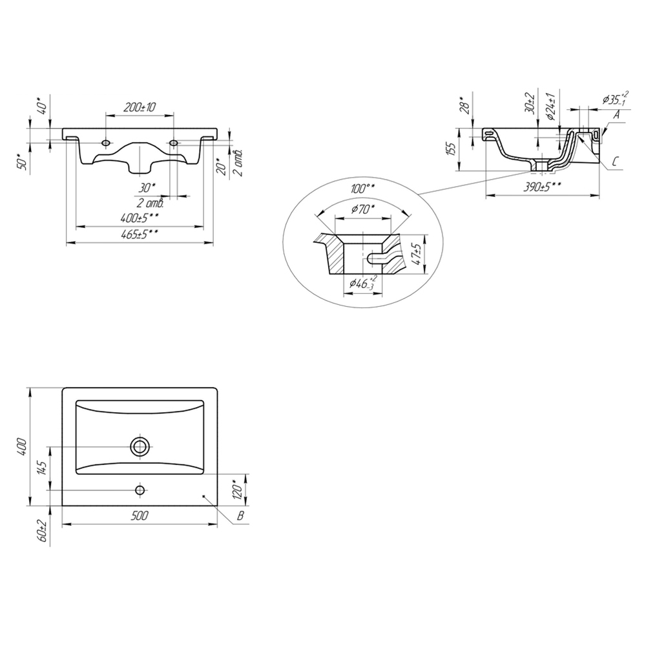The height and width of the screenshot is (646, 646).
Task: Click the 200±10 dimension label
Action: tap(140, 107)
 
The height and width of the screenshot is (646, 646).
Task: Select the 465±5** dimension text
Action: tap(140, 234)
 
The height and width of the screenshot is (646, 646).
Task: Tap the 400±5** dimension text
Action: tap(140, 217)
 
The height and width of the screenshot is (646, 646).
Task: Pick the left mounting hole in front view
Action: tap(106, 143)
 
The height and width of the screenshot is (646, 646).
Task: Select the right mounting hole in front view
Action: tap(174, 143)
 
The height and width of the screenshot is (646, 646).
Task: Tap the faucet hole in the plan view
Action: tap(140, 490)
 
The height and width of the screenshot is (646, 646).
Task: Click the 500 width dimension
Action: tap(140, 516)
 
